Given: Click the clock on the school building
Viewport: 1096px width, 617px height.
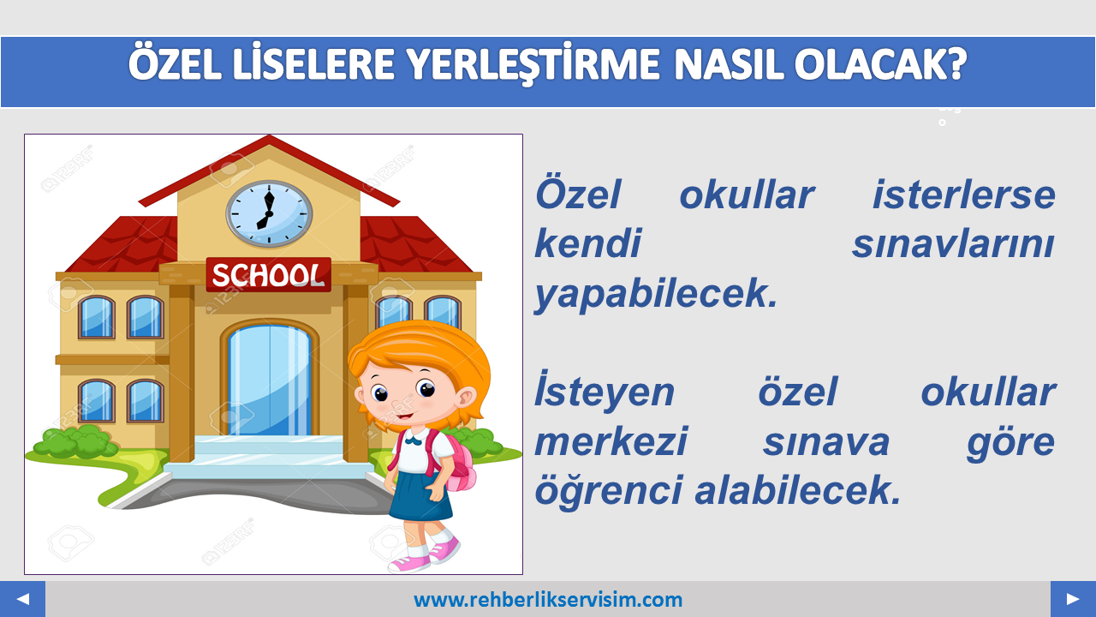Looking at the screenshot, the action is (x=269, y=214).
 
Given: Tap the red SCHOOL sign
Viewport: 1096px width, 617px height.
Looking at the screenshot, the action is (x=269, y=275).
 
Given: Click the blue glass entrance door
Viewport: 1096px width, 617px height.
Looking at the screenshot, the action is (x=270, y=380).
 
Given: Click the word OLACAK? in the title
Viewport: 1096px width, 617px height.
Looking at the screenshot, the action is (x=880, y=64).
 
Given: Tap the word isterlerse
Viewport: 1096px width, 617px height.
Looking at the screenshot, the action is (x=964, y=195).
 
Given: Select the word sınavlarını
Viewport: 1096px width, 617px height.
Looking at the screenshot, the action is (x=954, y=244).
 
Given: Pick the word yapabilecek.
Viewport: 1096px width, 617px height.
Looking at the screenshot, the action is (x=656, y=294).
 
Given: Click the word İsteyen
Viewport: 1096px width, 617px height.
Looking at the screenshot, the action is (x=605, y=390).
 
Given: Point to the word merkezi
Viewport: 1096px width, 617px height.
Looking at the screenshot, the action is (x=611, y=441).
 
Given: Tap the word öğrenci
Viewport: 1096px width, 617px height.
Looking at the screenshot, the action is (x=608, y=491).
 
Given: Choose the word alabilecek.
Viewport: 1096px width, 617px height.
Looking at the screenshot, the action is (x=797, y=489).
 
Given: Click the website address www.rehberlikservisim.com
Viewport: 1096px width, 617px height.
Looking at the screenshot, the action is (x=548, y=600).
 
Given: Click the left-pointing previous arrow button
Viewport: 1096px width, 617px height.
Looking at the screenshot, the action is (x=22, y=599).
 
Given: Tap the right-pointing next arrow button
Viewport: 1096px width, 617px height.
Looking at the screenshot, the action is (x=1073, y=599).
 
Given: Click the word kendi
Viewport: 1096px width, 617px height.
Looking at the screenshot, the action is (x=587, y=243).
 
